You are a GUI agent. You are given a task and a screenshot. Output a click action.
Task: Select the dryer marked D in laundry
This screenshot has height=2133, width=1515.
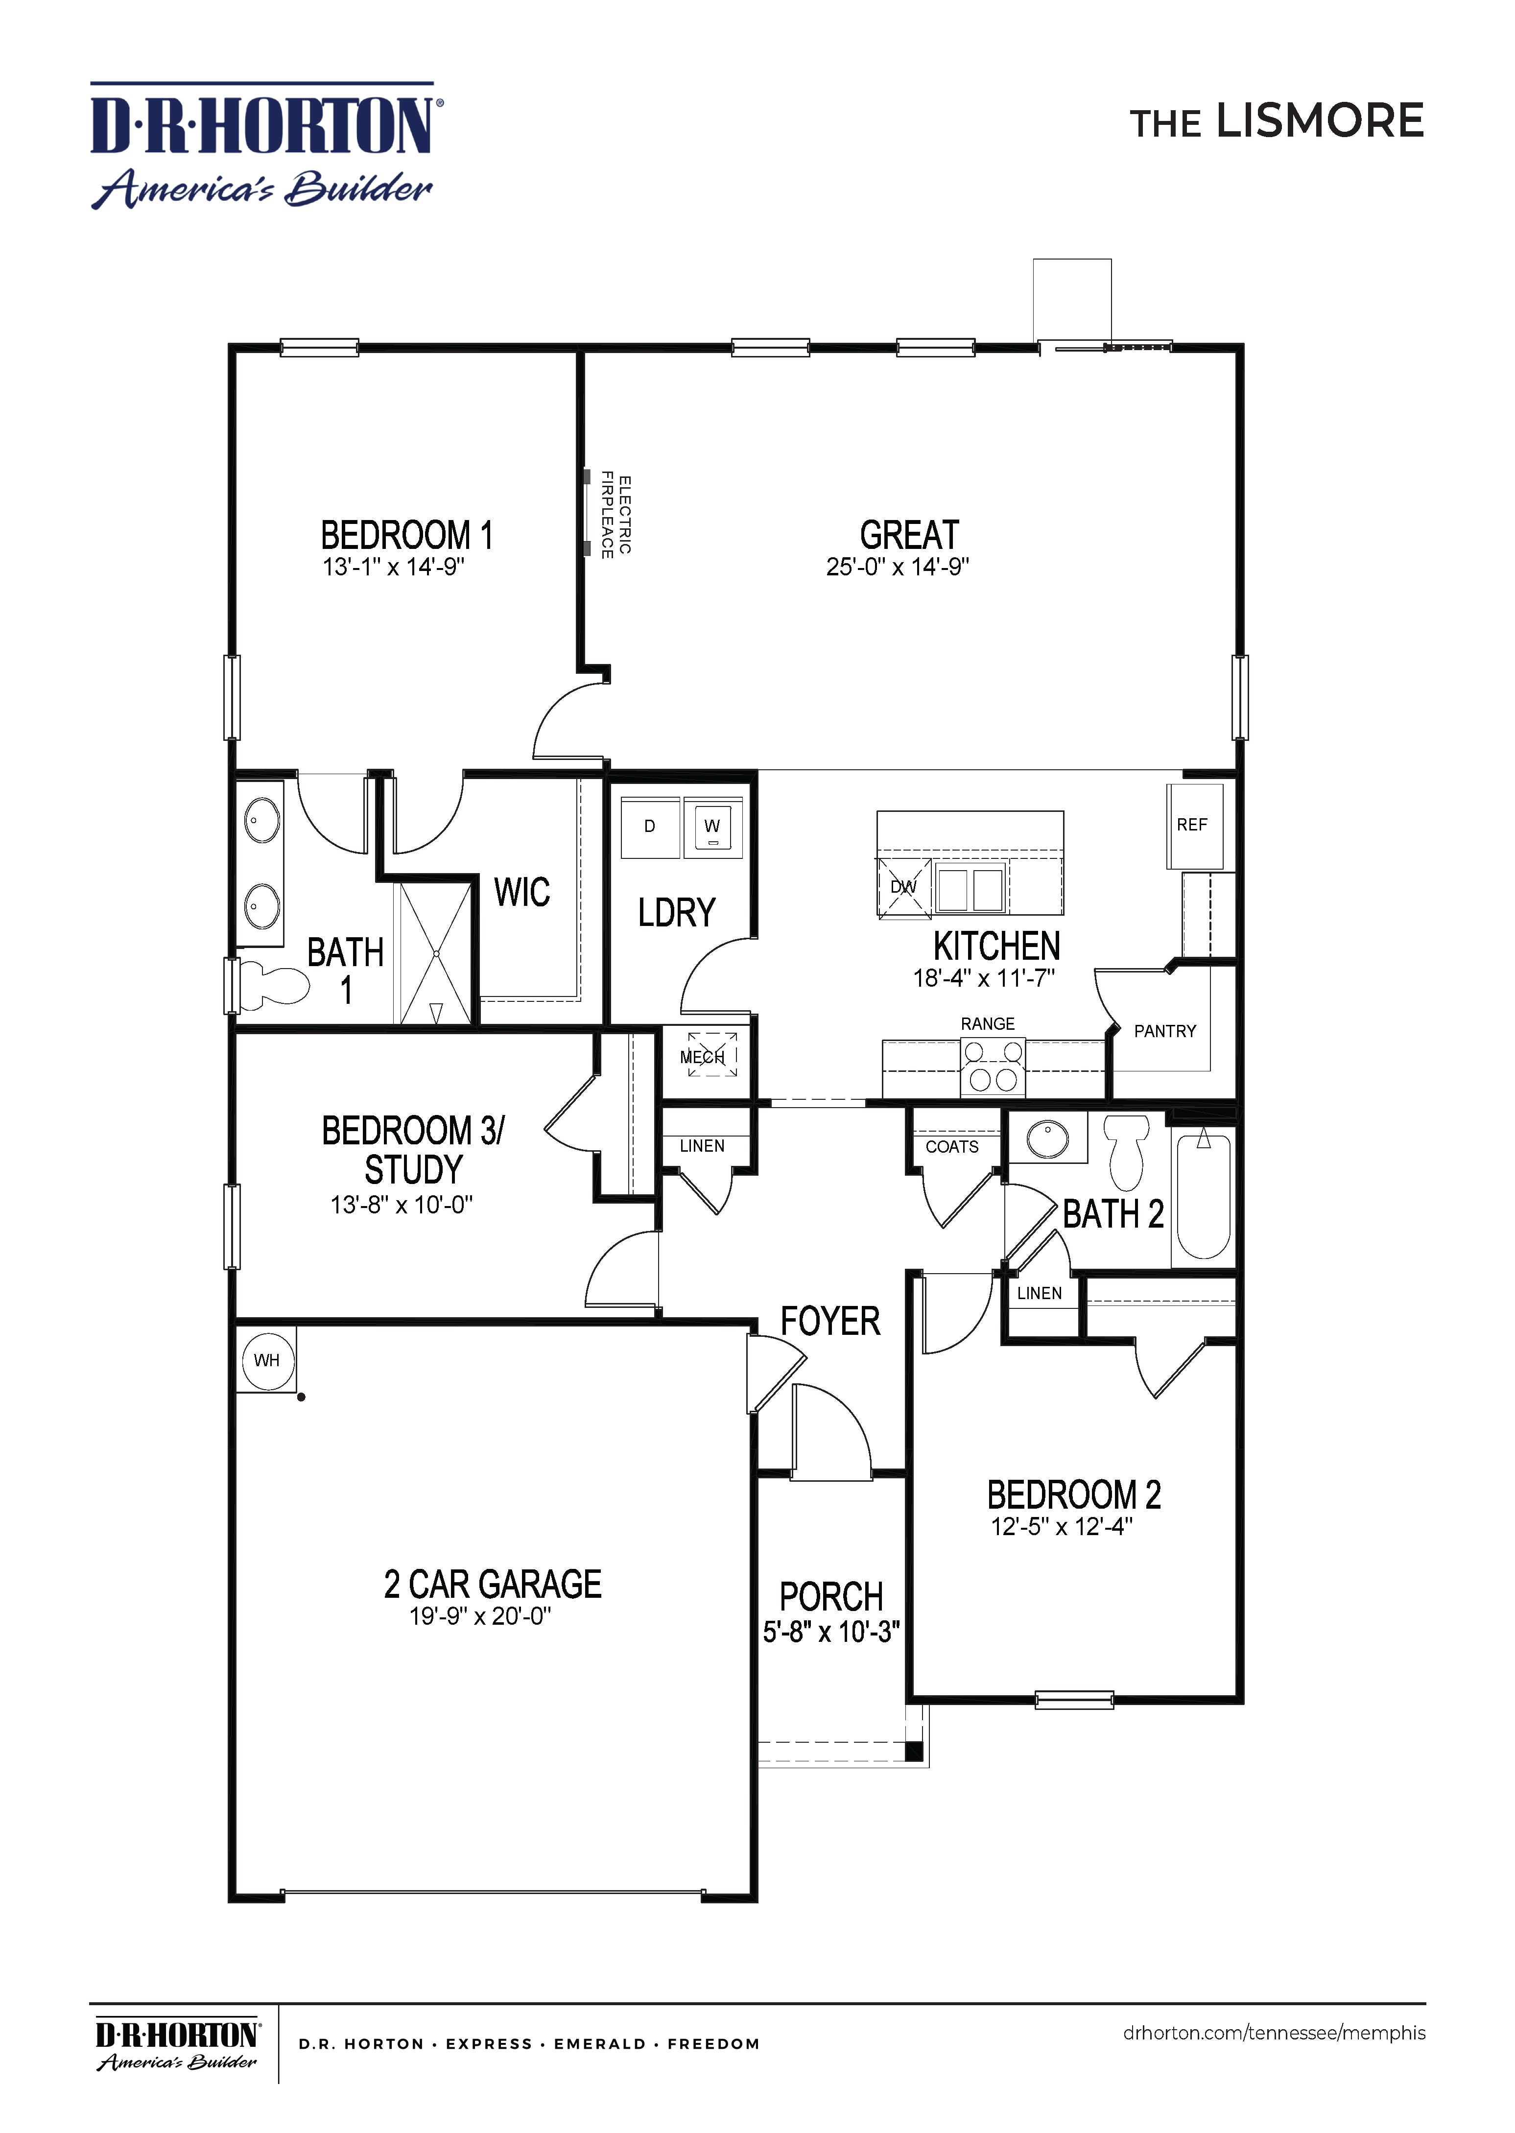[x=650, y=827]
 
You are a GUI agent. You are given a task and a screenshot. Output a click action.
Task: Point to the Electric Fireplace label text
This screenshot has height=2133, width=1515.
[x=615, y=516]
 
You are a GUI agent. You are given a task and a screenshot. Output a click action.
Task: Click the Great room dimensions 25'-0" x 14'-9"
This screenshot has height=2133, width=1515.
[x=898, y=567]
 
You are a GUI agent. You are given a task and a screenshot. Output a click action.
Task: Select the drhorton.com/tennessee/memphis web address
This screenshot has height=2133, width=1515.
[x=1274, y=2033]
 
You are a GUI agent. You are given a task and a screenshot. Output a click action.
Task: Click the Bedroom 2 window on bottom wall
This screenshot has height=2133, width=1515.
[x=1074, y=1700]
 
